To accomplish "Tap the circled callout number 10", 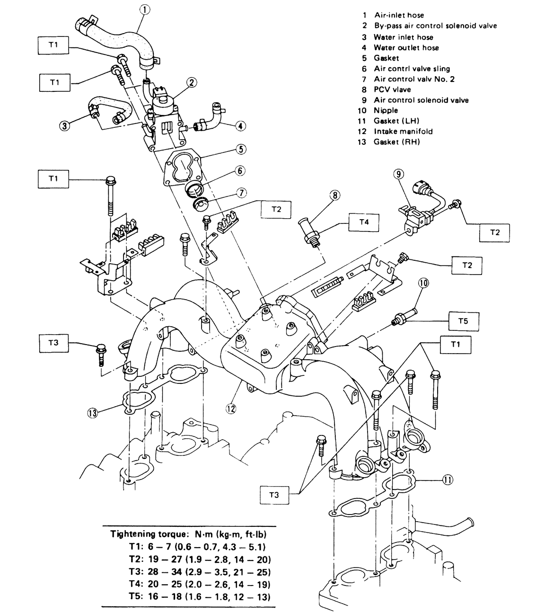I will [423, 283].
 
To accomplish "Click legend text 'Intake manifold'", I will [403, 131].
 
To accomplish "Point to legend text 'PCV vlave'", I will [392, 89].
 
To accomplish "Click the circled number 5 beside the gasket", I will [241, 150].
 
